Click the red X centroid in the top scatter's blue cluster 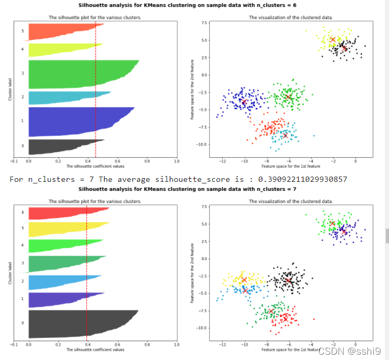pyautogui.click(x=244, y=101)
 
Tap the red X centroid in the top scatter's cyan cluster pyautogui.click(x=285, y=135)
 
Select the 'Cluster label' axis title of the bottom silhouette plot pyautogui.click(x=9, y=273)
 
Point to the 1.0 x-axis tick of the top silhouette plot pyautogui.click(x=177, y=161)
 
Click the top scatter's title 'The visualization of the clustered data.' pyautogui.click(x=283, y=17)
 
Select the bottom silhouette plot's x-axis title pyautogui.click(x=95, y=349)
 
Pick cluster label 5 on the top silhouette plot pyautogui.click(x=23, y=31)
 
